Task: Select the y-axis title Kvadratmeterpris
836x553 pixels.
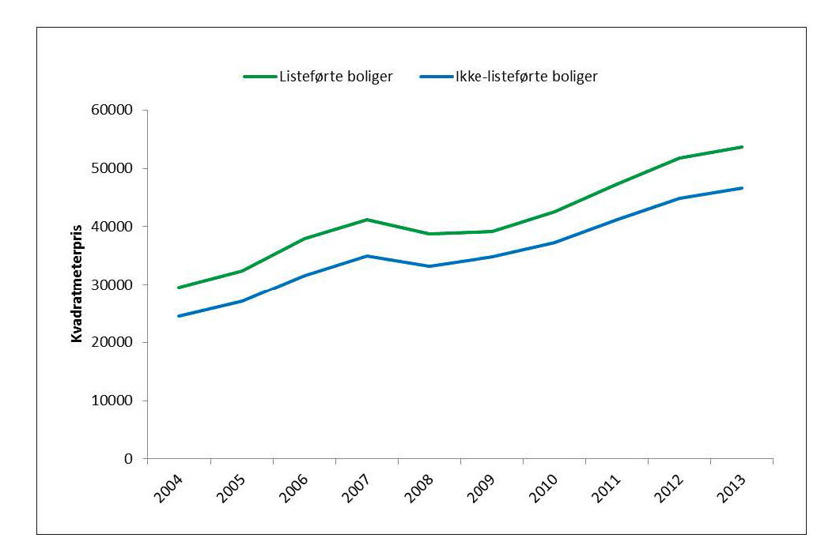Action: point(77,285)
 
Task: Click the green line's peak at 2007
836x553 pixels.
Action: point(366,220)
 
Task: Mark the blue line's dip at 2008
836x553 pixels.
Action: point(429,266)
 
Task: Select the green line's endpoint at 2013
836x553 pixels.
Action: point(743,147)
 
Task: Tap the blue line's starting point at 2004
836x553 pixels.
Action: point(178,316)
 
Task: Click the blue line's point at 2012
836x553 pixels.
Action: point(679,198)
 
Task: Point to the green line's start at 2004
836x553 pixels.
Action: point(178,288)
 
